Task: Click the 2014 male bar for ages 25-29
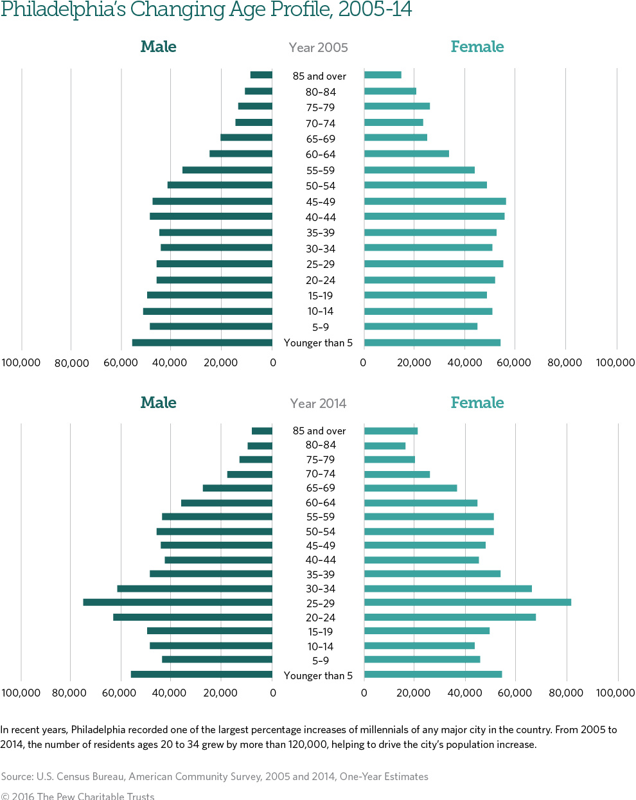[177, 602]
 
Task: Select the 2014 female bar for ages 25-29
[468, 602]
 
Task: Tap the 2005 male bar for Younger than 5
[202, 342]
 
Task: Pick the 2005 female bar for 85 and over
[383, 75]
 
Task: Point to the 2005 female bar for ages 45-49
[435, 201]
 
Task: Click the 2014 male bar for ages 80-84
[260, 445]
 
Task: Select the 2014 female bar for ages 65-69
[411, 488]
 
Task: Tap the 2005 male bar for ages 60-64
[241, 154]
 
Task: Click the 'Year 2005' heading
[319, 48]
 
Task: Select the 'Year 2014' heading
[319, 404]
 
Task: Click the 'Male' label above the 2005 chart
[158, 47]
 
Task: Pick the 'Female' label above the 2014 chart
[477, 403]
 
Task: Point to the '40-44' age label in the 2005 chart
[321, 217]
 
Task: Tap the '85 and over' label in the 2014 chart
[319, 431]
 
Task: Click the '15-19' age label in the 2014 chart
[321, 632]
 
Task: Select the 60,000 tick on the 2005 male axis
[121, 362]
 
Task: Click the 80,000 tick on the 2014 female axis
[565, 693]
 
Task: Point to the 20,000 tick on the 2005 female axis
[414, 362]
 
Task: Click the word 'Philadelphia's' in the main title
[63, 10]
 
